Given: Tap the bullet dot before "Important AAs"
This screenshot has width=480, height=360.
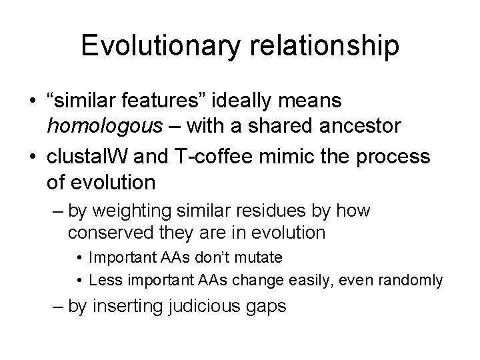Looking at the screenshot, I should click(x=79, y=257).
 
